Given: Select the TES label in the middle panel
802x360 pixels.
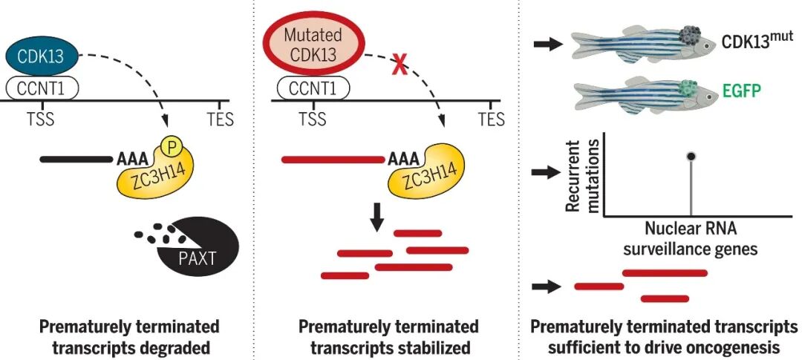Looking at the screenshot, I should pyautogui.click(x=491, y=119).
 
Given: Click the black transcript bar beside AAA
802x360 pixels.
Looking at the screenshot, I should pyautogui.click(x=74, y=158).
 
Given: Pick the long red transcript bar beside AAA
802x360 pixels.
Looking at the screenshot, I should pyautogui.click(x=333, y=158).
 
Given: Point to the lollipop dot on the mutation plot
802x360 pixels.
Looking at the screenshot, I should pyautogui.click(x=691, y=157).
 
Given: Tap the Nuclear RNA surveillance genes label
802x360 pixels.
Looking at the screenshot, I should pyautogui.click(x=691, y=239).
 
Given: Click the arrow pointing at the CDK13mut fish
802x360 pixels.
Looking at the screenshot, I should pyautogui.click(x=548, y=45).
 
